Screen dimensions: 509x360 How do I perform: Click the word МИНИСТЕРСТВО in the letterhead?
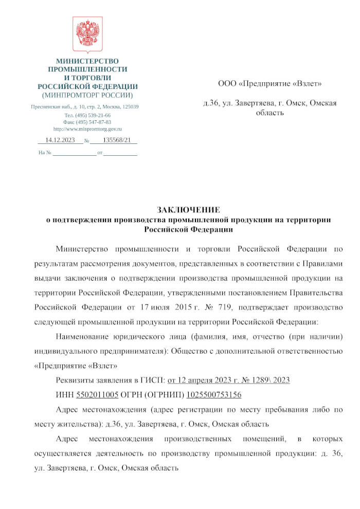87,61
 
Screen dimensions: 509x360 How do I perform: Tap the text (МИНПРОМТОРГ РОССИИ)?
87,95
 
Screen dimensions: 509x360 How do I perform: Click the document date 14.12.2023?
60,140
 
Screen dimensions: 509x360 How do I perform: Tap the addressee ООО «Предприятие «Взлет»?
270,84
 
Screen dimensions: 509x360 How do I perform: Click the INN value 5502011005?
97,395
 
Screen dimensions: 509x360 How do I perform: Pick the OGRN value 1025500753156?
213,395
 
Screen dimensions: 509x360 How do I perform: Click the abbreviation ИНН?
64,395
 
